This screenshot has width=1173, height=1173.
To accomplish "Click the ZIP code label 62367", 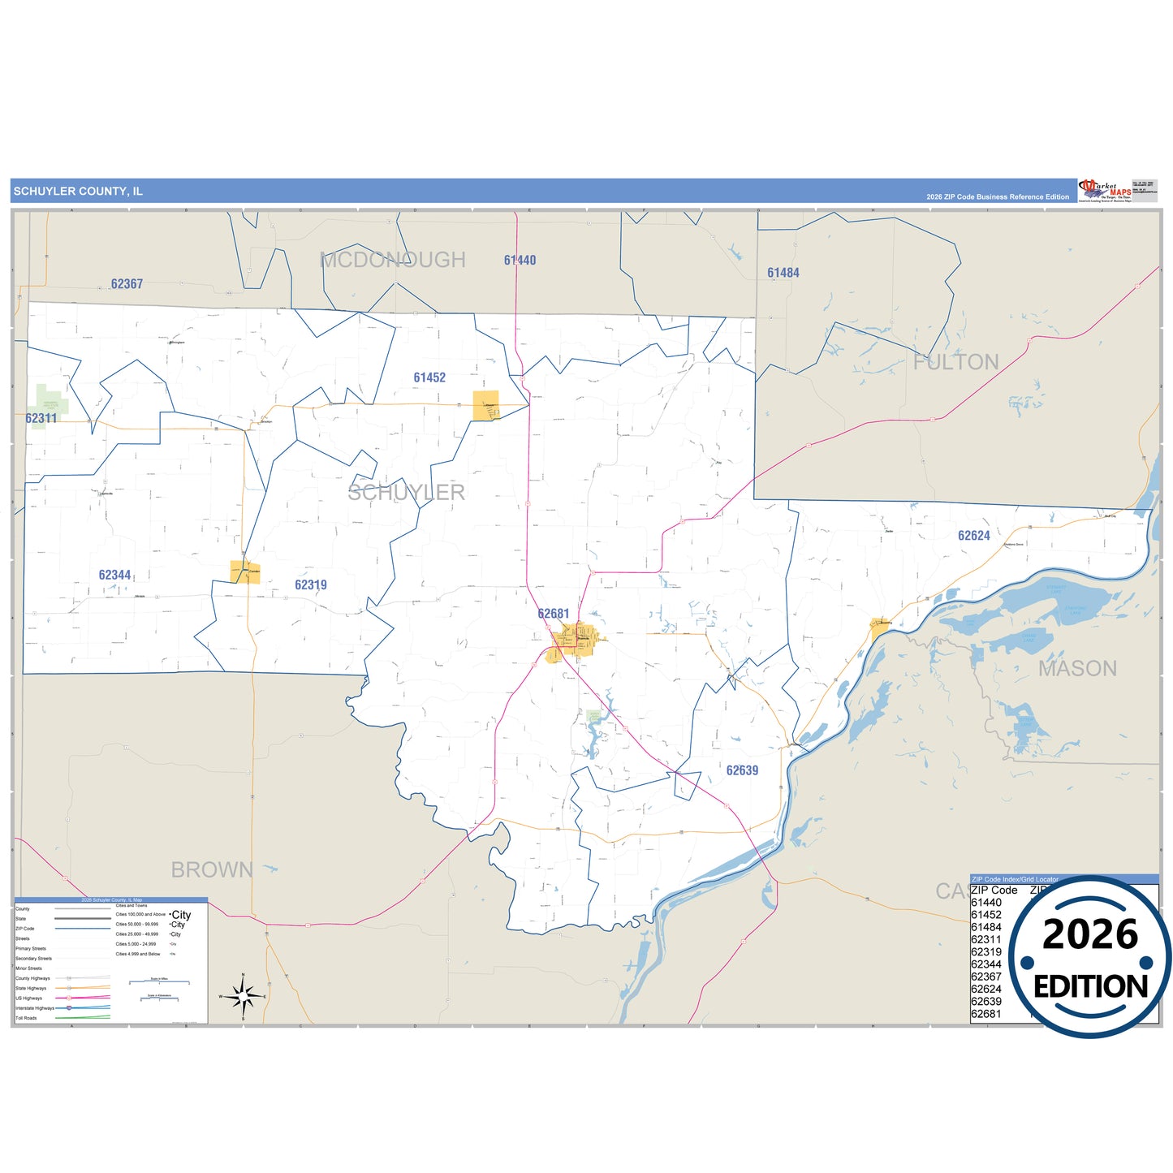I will click(127, 284).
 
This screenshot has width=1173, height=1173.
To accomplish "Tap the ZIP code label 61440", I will click(520, 261).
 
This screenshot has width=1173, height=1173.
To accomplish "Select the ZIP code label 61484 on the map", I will click(783, 274).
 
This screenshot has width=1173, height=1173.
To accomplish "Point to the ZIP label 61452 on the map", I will click(429, 377).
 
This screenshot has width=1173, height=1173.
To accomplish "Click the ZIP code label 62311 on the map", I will click(41, 419).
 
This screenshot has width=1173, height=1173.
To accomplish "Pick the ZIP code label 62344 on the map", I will click(114, 576).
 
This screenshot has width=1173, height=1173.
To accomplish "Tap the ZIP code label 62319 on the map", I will click(311, 585).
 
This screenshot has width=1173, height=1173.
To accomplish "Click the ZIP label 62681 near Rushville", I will click(554, 615).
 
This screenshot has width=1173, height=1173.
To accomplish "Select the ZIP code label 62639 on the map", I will click(742, 771).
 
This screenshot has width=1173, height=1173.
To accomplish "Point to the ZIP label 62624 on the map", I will click(974, 536).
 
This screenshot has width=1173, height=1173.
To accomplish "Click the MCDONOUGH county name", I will click(393, 261).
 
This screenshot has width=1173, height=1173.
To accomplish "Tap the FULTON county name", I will click(955, 363).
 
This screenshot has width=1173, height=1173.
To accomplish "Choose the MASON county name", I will click(1077, 669).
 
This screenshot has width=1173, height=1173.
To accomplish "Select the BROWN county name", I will click(212, 870).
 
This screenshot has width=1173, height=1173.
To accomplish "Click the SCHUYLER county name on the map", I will click(407, 493).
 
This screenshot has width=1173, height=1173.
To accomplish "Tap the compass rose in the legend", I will click(243, 995).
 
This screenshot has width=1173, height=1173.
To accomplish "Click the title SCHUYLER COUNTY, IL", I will click(78, 192).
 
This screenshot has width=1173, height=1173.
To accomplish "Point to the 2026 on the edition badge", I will click(1090, 935).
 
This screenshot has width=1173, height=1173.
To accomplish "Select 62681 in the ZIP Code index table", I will click(986, 1014).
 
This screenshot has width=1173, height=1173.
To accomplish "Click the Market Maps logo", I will click(1105, 190).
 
